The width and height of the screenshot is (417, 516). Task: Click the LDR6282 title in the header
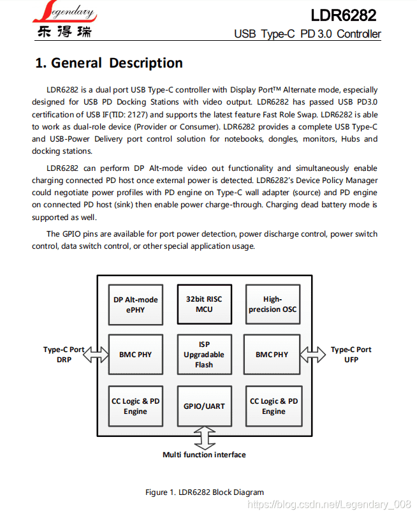(343, 15)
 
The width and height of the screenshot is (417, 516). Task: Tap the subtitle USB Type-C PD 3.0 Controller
(307, 34)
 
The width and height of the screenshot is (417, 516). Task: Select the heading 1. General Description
(108, 63)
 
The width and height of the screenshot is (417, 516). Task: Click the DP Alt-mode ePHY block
(135, 304)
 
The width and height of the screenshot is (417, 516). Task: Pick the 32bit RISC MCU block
(204, 304)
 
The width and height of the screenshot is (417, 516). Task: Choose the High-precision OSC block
(272, 304)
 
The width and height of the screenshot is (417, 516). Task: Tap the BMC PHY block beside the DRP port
(135, 355)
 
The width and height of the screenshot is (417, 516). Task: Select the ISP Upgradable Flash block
(204, 355)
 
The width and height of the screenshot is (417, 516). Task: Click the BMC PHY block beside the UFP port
(272, 355)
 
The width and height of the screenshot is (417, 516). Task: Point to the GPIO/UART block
(204, 406)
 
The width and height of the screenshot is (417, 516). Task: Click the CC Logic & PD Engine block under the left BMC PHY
(135, 406)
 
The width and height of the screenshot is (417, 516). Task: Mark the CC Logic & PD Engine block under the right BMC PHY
(273, 406)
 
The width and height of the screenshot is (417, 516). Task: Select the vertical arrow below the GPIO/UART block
(204, 439)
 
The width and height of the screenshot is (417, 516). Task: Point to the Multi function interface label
(204, 455)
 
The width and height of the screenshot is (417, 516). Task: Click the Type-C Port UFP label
(351, 355)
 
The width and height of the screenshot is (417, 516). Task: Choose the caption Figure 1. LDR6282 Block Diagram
(204, 492)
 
